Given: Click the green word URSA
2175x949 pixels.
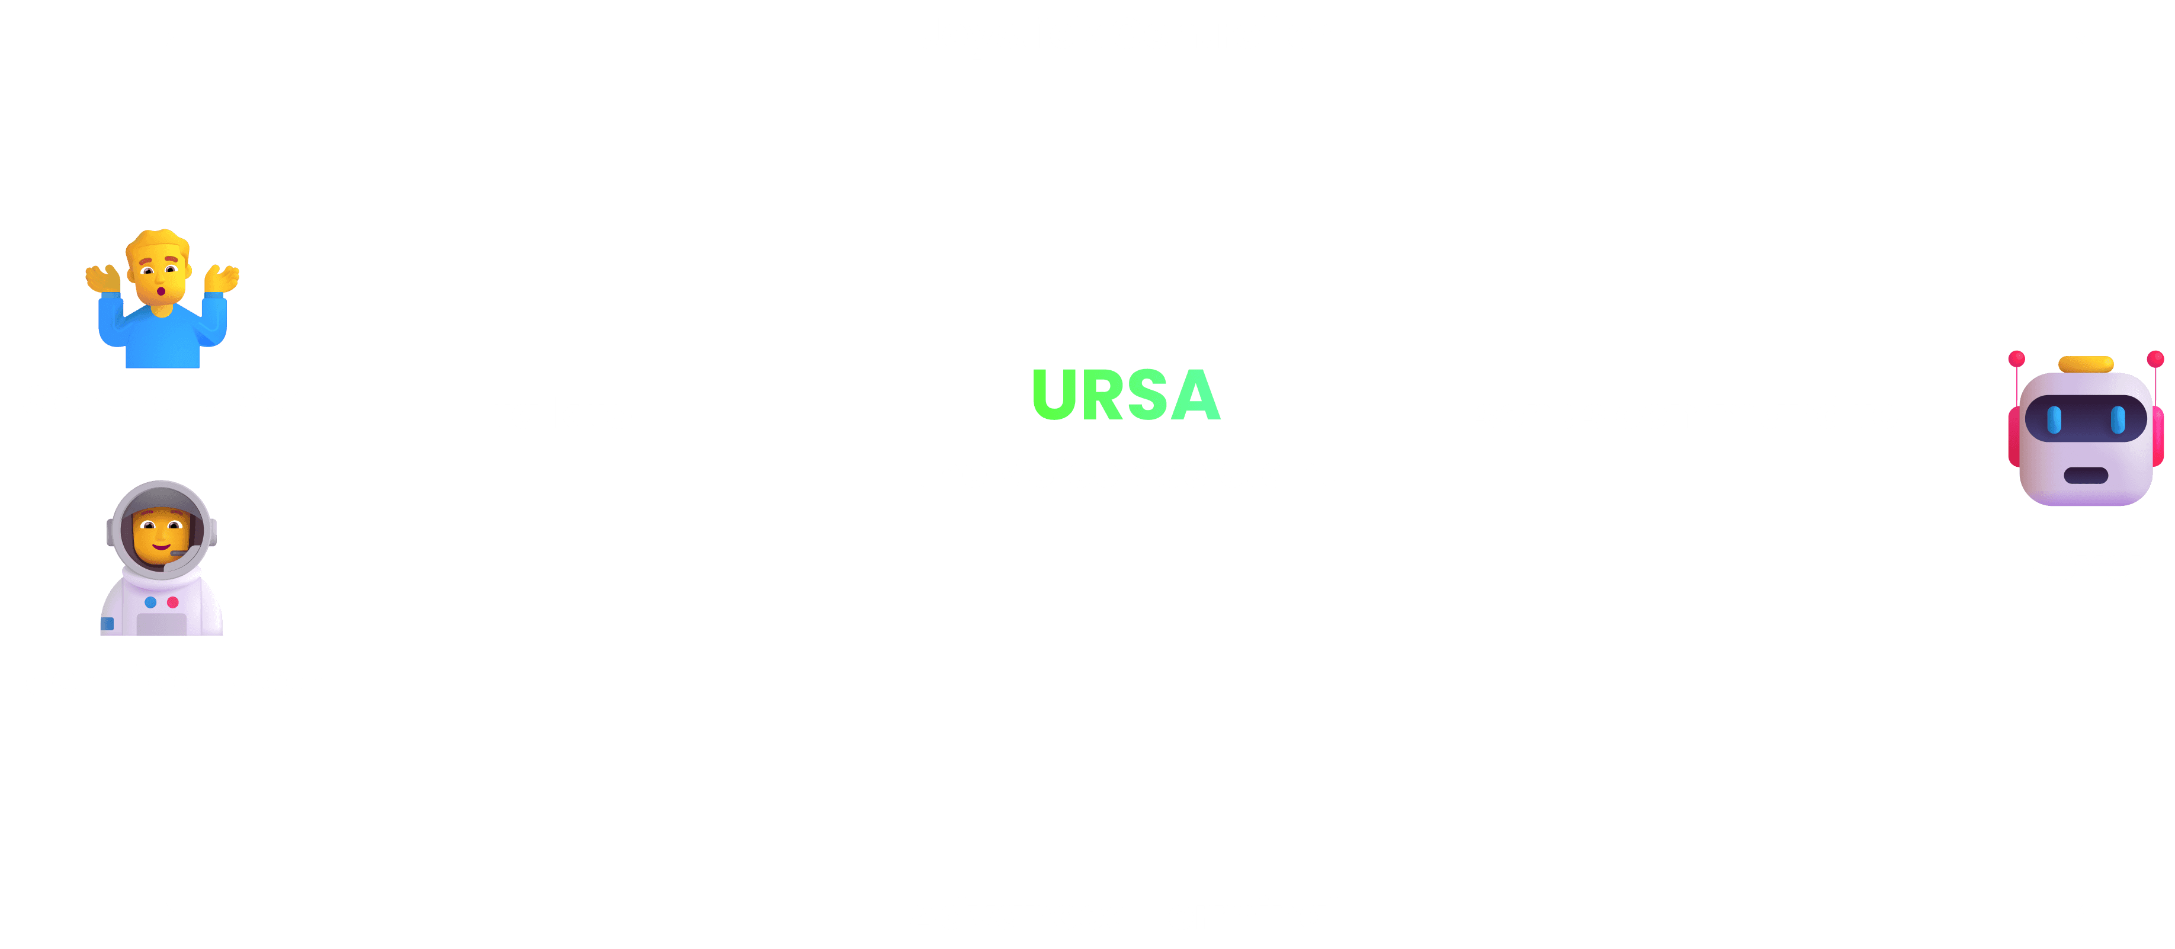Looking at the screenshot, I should point(1125,395).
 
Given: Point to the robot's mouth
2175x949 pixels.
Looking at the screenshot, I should point(2086,475).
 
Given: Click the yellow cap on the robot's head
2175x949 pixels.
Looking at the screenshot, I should point(2086,364).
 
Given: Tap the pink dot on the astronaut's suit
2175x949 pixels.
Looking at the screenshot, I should point(173,602).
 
